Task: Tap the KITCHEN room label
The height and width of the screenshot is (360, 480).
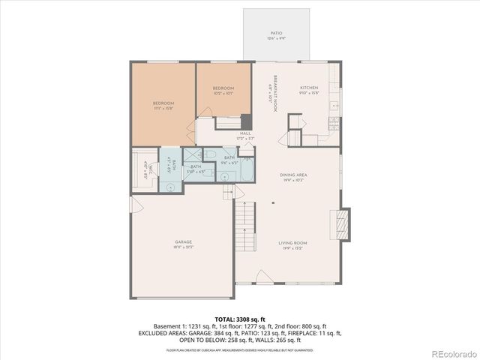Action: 310,90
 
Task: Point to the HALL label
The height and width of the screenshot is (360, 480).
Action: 245,136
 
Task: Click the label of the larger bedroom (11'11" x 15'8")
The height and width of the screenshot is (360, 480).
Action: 163,105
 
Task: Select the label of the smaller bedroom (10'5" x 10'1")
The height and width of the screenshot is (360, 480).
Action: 223,91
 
